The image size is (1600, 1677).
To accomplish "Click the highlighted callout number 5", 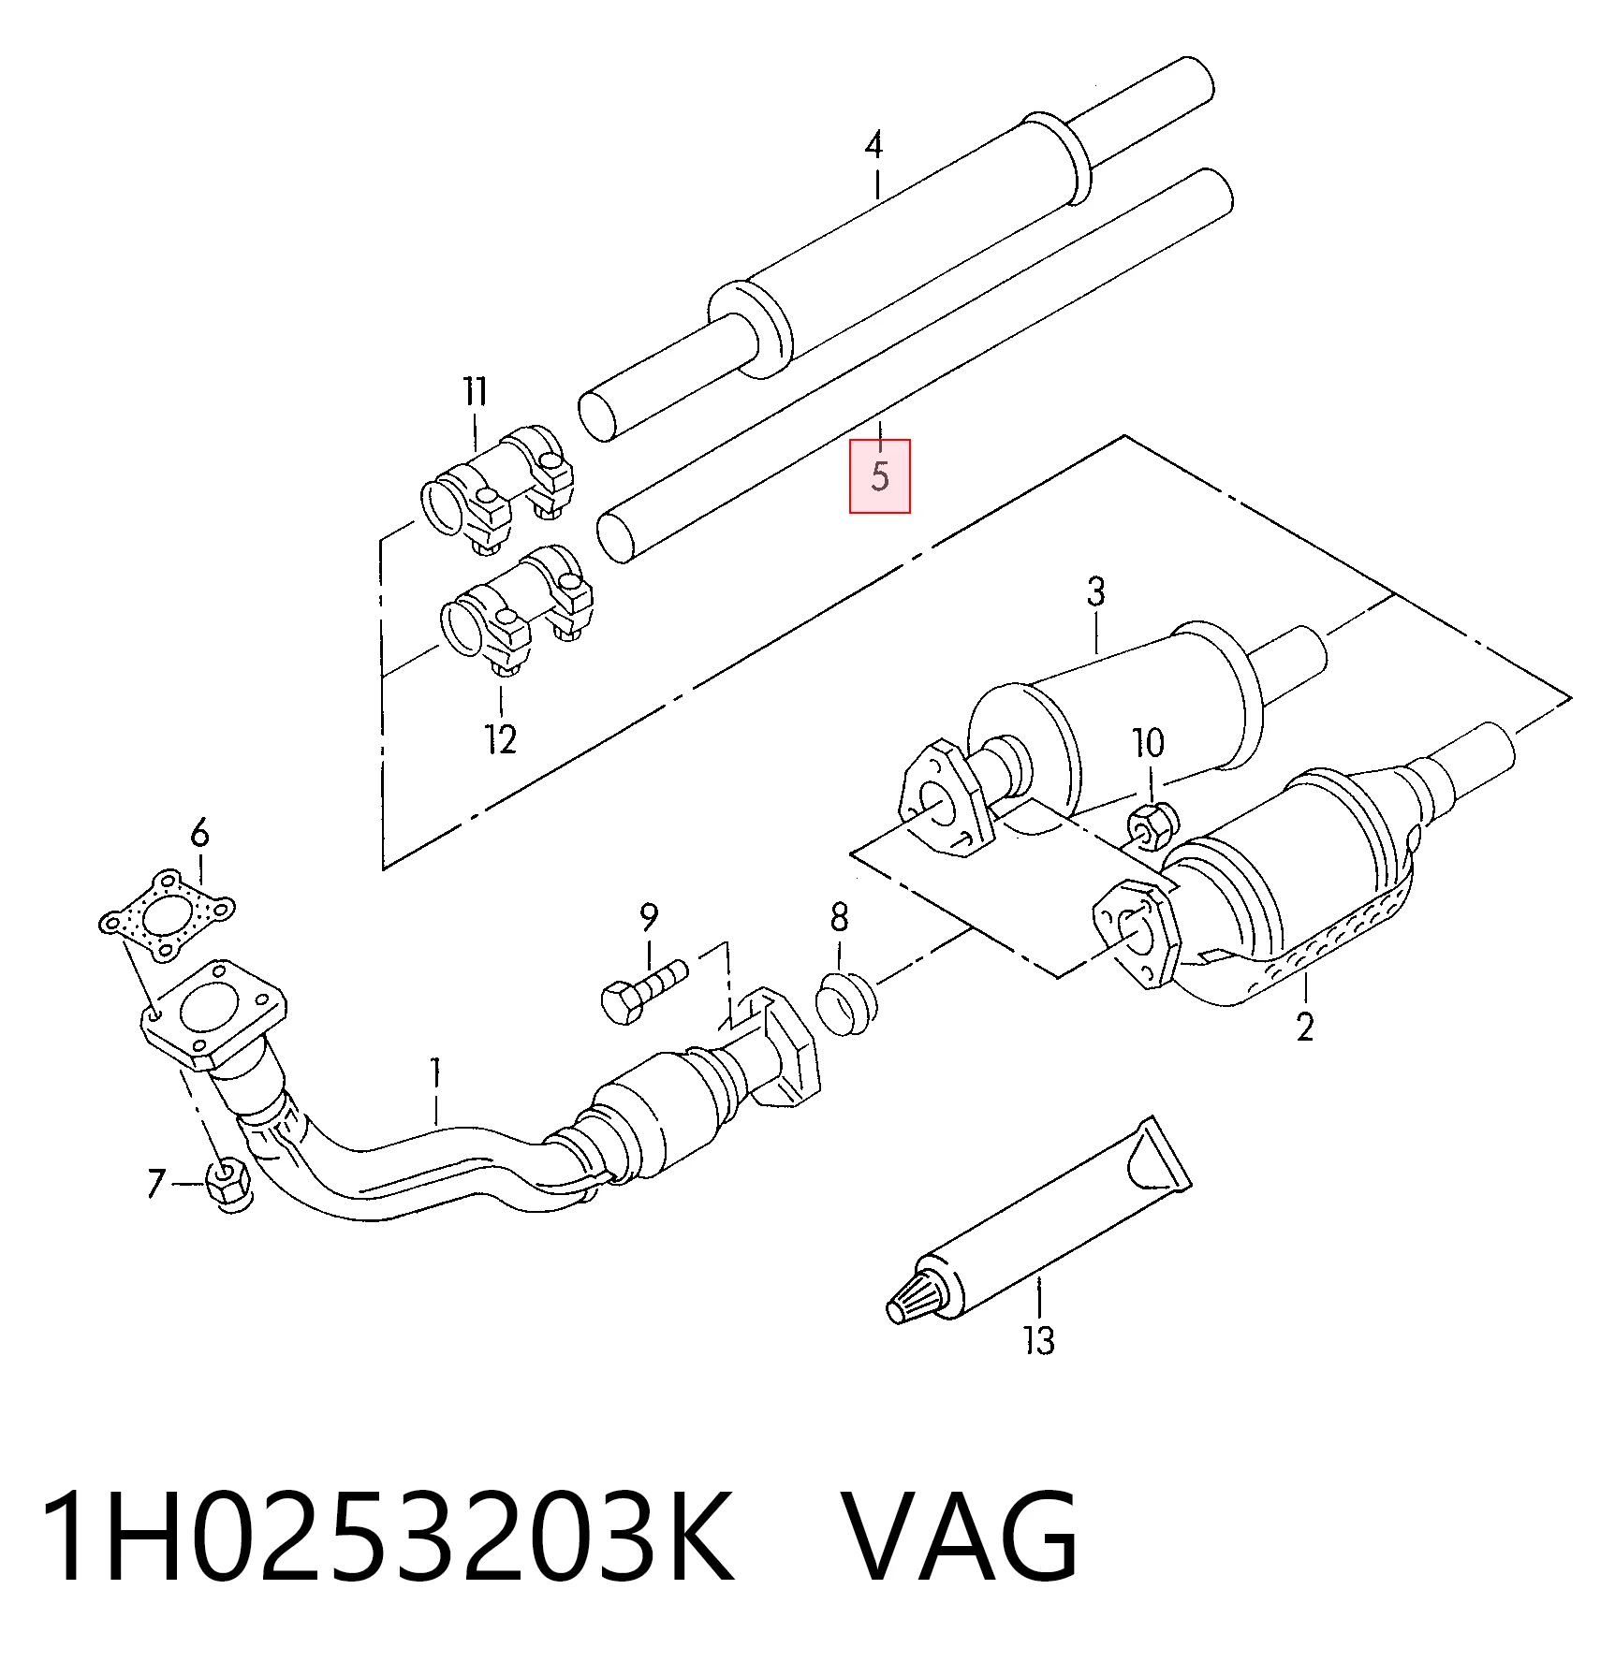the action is coord(879,475).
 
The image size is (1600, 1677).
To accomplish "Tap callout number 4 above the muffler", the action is coord(873,145).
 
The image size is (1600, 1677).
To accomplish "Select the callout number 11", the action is coord(476,391).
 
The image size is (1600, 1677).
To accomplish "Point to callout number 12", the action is coord(501,739).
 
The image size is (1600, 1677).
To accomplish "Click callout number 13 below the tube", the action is coord(1039,1341).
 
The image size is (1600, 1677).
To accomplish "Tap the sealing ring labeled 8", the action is coord(846,1003).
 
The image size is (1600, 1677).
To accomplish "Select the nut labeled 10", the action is coord(1152,825).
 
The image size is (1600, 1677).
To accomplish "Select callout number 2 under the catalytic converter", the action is coord(1305,1027).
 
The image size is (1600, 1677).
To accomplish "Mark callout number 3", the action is coord(1096,591).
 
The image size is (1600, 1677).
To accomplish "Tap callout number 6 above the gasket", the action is coord(199,832).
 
